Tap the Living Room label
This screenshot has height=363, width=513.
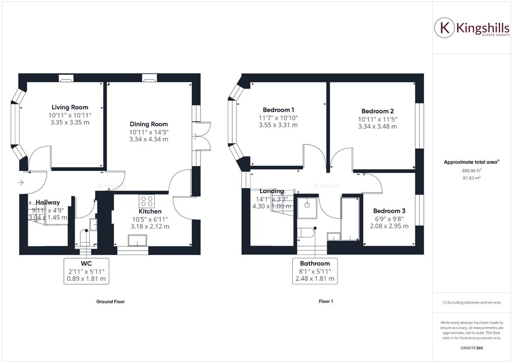tap(70, 107)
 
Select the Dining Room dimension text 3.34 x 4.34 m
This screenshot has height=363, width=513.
tap(149, 139)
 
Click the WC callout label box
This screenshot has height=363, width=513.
tap(85, 271)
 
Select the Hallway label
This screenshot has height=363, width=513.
tap(48, 202)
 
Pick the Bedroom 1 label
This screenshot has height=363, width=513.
tap(279, 110)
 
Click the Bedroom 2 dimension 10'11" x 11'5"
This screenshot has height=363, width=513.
tap(377, 119)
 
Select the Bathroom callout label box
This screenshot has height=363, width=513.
tap(315, 271)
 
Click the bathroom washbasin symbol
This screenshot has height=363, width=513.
tap(307, 206)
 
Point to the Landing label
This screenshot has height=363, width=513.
tap(272, 191)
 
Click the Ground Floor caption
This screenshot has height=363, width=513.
tap(110, 301)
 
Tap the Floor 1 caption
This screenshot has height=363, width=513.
tap(326, 301)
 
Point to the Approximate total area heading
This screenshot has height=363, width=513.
tap(471, 162)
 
